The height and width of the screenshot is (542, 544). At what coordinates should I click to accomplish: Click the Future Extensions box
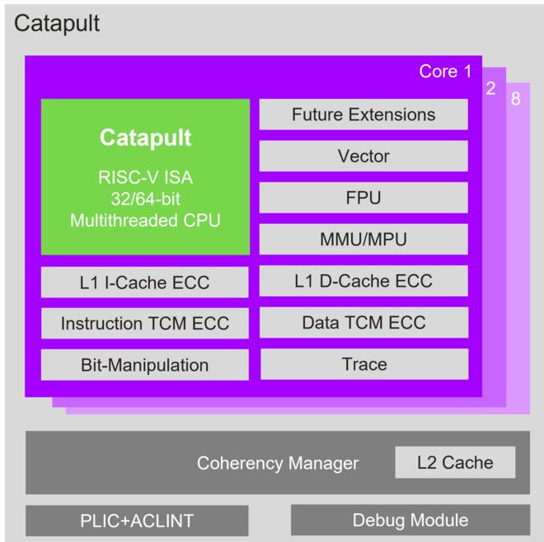[x=363, y=114]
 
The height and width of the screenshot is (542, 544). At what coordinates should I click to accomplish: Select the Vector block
[x=363, y=156]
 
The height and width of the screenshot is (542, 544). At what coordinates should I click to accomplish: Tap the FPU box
[x=363, y=198]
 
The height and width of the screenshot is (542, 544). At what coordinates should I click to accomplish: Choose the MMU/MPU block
[x=363, y=240]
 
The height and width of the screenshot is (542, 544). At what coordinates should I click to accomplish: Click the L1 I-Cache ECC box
[x=144, y=283]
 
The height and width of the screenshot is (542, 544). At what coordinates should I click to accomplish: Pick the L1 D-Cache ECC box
[x=363, y=281]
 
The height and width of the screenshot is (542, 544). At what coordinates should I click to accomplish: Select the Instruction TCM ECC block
[x=144, y=324]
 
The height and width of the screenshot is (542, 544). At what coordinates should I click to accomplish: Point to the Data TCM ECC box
[x=363, y=322]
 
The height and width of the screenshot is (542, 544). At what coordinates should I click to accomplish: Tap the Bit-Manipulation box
[x=144, y=365]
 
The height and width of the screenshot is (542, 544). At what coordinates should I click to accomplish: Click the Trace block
[x=363, y=363]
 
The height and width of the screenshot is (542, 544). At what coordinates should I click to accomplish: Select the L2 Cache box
[x=455, y=463]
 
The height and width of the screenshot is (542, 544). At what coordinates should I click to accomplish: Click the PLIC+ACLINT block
[x=137, y=521]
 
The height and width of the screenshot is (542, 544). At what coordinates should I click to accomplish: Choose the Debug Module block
[x=410, y=521]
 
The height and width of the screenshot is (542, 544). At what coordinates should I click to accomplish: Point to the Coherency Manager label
[x=278, y=463]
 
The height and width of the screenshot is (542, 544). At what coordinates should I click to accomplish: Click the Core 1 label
[x=445, y=72]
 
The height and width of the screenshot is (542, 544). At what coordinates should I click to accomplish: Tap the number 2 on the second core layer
[x=491, y=88]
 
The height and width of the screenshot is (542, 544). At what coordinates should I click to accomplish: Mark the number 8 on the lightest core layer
[x=515, y=100]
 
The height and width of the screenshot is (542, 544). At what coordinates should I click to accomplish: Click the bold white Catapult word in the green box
[x=145, y=138]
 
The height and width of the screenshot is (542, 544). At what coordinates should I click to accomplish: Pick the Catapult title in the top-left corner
[x=57, y=23]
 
